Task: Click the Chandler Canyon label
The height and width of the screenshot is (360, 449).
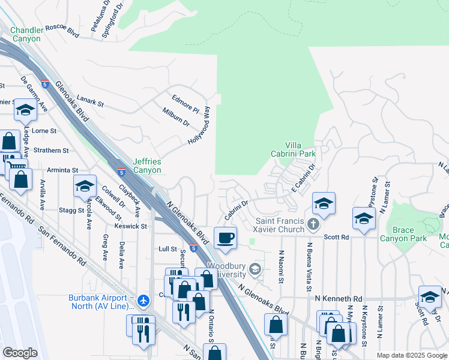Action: click(x=25, y=34)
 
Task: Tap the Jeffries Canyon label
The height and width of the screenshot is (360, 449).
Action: click(x=147, y=166)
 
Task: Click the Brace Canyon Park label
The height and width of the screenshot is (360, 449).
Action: click(x=403, y=234)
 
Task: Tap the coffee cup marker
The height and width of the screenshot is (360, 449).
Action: click(x=225, y=239)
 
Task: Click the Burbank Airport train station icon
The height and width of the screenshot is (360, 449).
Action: click(x=143, y=300)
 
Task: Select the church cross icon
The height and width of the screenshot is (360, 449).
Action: click(x=313, y=225)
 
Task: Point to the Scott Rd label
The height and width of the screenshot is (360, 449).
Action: click(x=336, y=237)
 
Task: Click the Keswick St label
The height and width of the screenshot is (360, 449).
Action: click(x=131, y=226)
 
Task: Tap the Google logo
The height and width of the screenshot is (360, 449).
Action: click(x=20, y=353)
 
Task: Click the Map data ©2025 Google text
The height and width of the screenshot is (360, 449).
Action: click(x=411, y=355)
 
